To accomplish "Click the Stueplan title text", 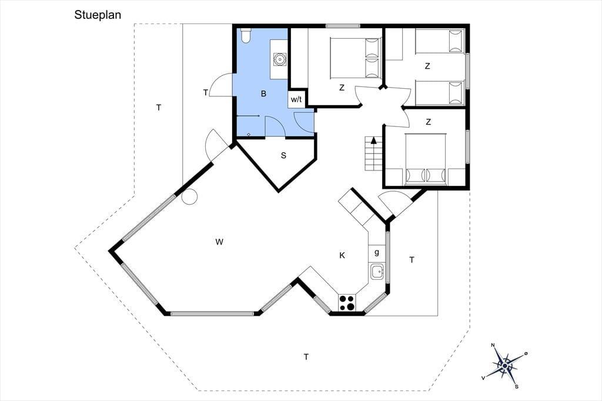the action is tap(98, 15).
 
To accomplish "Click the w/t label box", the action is tap(296, 99).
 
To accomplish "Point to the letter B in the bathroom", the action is tap(263, 93).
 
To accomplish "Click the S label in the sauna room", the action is tap(284, 155).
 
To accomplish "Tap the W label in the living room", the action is tap(219, 242).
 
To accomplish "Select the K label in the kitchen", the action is tap(342, 255).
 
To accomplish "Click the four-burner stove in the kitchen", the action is tap(347, 302).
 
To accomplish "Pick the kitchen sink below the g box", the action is tap(377, 272).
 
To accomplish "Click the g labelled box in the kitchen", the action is tap(377, 253).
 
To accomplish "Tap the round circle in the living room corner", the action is tap(189, 196).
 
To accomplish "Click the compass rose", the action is tap(504, 366).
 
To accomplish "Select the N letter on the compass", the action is tap(493, 345).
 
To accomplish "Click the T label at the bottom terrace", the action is tap(306, 357).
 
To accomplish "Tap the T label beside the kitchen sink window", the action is tap(412, 260).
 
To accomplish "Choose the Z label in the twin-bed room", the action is tap(427, 66).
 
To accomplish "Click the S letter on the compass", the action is tap(517, 386).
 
